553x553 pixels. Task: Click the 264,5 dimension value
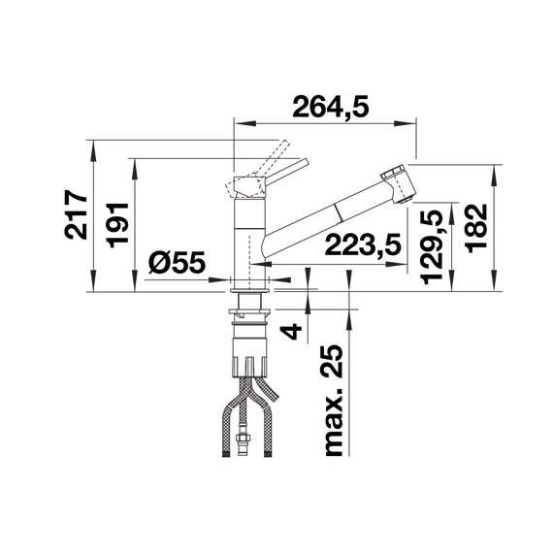330,110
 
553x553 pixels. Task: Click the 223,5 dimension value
364,247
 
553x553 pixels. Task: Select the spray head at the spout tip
399,184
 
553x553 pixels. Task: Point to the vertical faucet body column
249,228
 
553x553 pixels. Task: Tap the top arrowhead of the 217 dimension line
93,147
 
